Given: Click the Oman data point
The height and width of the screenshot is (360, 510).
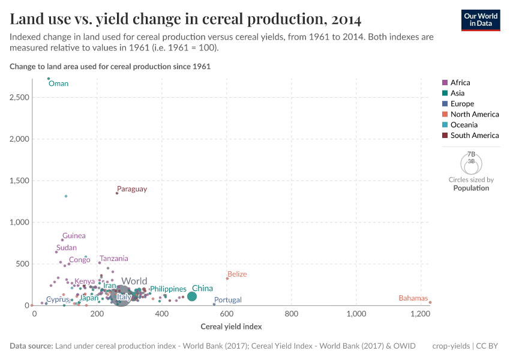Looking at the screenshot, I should tap(49, 79).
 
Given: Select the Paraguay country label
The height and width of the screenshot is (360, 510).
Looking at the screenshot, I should tap(131, 189).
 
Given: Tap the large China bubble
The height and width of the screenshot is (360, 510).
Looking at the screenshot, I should tap(192, 296).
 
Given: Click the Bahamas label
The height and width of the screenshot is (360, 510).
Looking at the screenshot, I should tap(413, 298).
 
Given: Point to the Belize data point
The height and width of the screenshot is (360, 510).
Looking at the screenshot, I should tap(227, 278).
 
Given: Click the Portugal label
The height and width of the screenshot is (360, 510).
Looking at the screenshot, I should tap(228, 300).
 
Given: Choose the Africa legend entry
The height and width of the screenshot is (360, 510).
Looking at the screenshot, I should tap(460, 83).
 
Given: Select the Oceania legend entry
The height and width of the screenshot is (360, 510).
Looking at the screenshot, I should tap(464, 125).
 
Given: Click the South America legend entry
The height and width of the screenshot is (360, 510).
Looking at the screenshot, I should tap(474, 136).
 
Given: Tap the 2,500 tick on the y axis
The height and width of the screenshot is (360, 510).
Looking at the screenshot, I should tap(20, 97).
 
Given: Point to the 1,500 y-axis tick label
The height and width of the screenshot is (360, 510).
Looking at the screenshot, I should tap(20, 181).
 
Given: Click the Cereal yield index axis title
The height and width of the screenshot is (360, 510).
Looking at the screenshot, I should tap(230, 327).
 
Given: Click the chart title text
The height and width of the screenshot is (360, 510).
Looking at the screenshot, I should tap(185, 20).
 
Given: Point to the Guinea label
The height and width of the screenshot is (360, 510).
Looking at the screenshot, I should tap(74, 236).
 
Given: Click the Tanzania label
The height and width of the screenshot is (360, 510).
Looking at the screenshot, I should tap(114, 259).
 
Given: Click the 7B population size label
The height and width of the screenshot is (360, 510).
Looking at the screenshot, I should tap(471, 154).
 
